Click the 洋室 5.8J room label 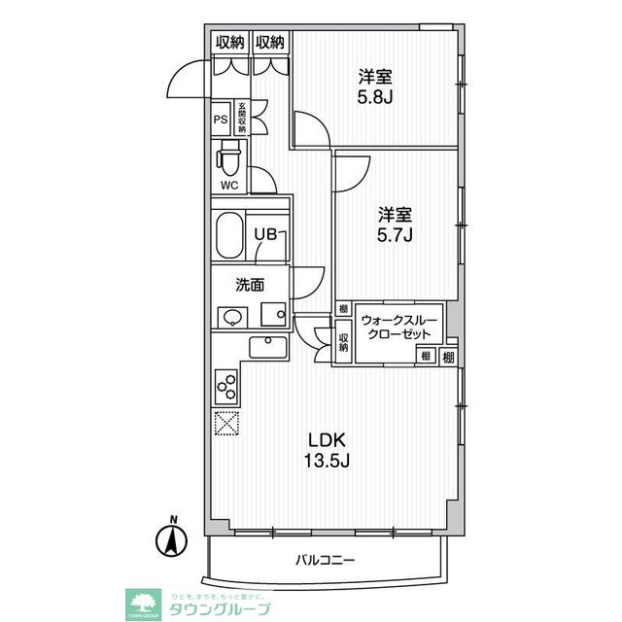click(x=374, y=88)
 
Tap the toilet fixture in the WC click(x=230, y=155)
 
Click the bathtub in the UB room click(x=229, y=234)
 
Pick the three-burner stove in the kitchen click(x=225, y=385)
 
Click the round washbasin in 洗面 click(x=230, y=317)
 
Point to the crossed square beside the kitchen click(x=225, y=424)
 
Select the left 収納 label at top click(x=229, y=42)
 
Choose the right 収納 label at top click(x=270, y=42)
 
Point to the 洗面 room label click(x=250, y=286)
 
